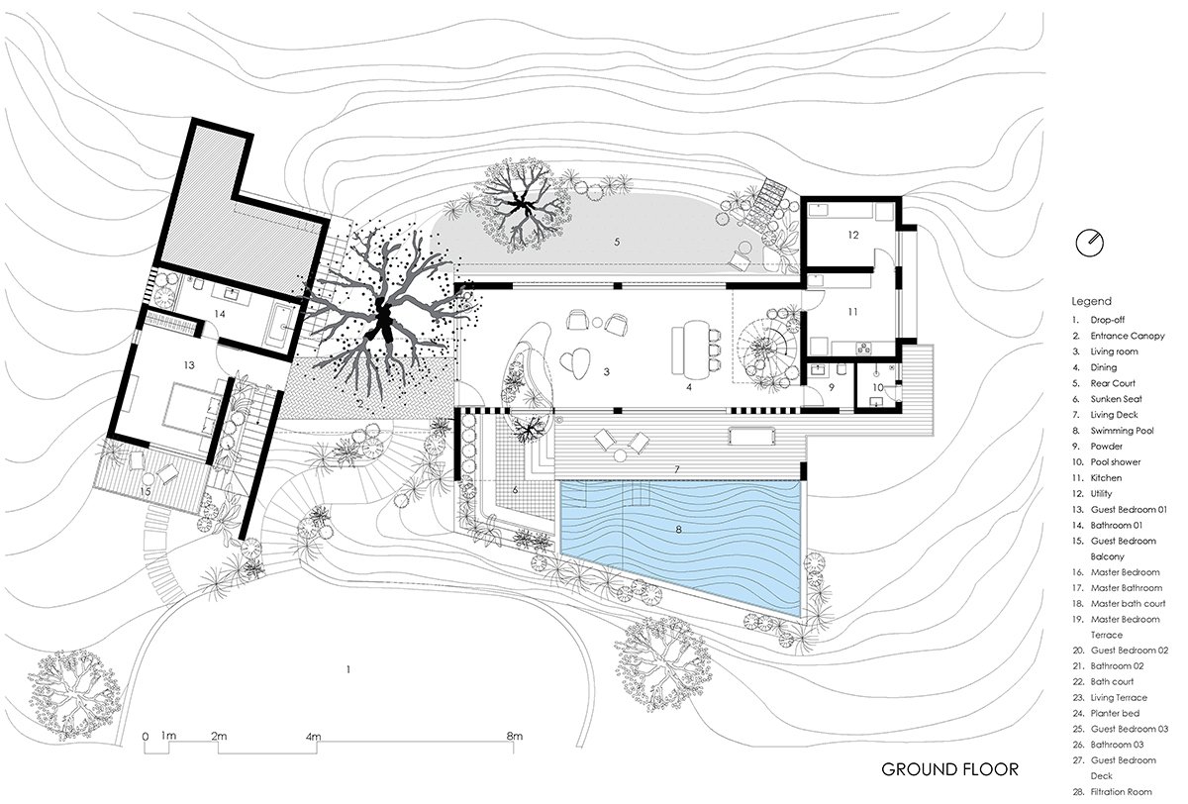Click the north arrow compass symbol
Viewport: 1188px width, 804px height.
click(1089, 244)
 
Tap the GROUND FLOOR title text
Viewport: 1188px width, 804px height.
click(949, 769)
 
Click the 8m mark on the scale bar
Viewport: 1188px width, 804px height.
click(514, 736)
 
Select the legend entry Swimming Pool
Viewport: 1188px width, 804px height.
click(1122, 431)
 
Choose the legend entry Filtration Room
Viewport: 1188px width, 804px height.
click(1121, 792)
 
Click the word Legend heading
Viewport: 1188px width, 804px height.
click(1091, 301)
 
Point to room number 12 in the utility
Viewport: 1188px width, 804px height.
click(852, 235)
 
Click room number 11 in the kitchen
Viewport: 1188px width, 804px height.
click(852, 312)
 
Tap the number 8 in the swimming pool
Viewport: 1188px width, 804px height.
click(678, 530)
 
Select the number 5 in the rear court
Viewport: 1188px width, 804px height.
click(617, 242)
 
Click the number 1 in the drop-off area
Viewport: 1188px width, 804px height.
click(348, 669)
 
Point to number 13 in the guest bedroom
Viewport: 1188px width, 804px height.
click(189, 365)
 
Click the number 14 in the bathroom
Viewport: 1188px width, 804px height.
click(220, 314)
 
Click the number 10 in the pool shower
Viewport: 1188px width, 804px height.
click(878, 388)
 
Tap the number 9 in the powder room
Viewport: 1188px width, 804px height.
click(831, 388)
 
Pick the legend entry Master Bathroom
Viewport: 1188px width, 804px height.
click(1126, 587)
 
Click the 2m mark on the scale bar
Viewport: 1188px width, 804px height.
click(219, 736)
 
